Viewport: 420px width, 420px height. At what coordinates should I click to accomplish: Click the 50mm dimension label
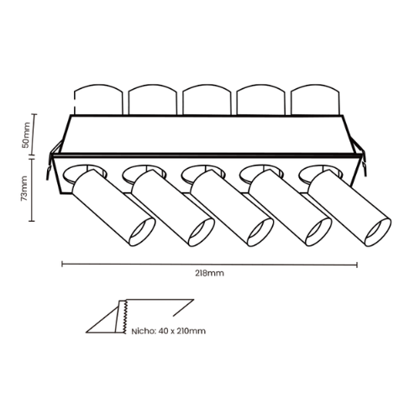pos(26,134)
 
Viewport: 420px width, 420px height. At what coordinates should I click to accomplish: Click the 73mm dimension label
pos(24,188)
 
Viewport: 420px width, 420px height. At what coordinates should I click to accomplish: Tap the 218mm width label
pos(209,273)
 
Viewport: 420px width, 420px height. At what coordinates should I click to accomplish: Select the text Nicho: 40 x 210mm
pos(169,331)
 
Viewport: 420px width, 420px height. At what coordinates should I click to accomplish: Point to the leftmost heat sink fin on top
pos(98,99)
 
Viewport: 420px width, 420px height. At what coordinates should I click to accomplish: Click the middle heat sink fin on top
pos(207,99)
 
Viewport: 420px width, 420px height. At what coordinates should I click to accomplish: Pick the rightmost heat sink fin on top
pos(316,99)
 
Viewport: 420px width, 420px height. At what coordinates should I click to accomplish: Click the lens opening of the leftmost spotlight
pos(143,232)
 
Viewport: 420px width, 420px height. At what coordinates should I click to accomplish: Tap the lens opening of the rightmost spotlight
pos(378,232)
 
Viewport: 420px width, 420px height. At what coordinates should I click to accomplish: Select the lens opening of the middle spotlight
pos(260,232)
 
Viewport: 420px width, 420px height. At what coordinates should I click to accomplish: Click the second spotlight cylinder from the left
pos(173,207)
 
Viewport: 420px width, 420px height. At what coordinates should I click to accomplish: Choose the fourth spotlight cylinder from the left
pos(291,207)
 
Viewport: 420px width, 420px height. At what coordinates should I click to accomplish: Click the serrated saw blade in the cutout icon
pos(124,317)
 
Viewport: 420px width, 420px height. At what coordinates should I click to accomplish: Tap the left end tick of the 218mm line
pos(62,264)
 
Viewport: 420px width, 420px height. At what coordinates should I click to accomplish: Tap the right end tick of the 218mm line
pos(357,265)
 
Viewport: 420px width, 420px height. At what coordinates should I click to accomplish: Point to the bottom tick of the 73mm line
pos(32,221)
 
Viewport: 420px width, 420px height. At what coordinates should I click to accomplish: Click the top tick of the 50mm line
pos(34,114)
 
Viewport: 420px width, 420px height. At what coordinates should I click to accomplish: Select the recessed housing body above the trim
pos(207,134)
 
